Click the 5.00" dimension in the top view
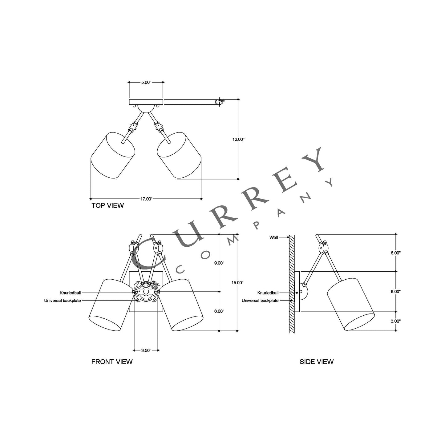pyautogui.click(x=146, y=82)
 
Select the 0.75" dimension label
pyautogui.click(x=220, y=102)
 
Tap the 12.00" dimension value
pyautogui.click(x=238, y=139)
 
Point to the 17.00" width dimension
pyautogui.click(x=146, y=199)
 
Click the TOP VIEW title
pyautogui.click(x=107, y=205)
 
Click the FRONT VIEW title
pyautogui.click(x=112, y=362)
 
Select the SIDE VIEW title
pyautogui.click(x=316, y=362)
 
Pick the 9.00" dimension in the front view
pyautogui.click(x=219, y=263)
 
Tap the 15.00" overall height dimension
pyautogui.click(x=237, y=282)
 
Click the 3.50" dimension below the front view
pyautogui.click(x=146, y=350)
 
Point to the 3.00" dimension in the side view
pyautogui.click(x=395, y=321)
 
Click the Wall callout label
pyautogui.click(x=273, y=237)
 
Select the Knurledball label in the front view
pyautogui.click(x=70, y=293)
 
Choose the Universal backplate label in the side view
pyautogui.click(x=260, y=301)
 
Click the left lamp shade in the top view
pyautogui.click(x=113, y=156)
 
